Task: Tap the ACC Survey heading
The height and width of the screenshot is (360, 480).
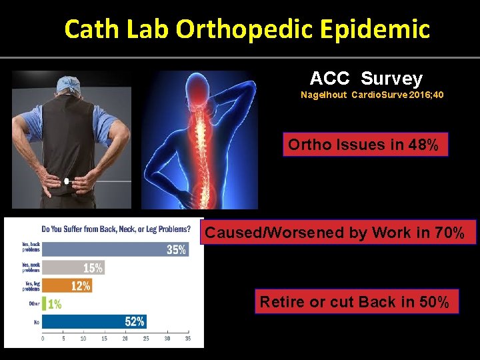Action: tap(366, 79)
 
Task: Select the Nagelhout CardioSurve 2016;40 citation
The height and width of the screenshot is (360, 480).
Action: tap(372, 95)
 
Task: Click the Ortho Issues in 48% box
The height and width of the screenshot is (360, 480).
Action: tap(363, 145)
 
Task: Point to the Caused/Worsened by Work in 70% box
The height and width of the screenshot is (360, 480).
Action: tap(339, 233)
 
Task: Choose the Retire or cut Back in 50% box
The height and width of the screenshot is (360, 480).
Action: tap(354, 302)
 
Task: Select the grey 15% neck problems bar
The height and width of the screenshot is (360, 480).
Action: tap(74, 268)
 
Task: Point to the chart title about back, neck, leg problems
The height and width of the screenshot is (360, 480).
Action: tap(115, 229)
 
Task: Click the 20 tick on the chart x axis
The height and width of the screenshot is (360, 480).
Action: tap(125, 339)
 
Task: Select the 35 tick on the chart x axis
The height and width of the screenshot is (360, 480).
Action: tap(187, 339)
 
